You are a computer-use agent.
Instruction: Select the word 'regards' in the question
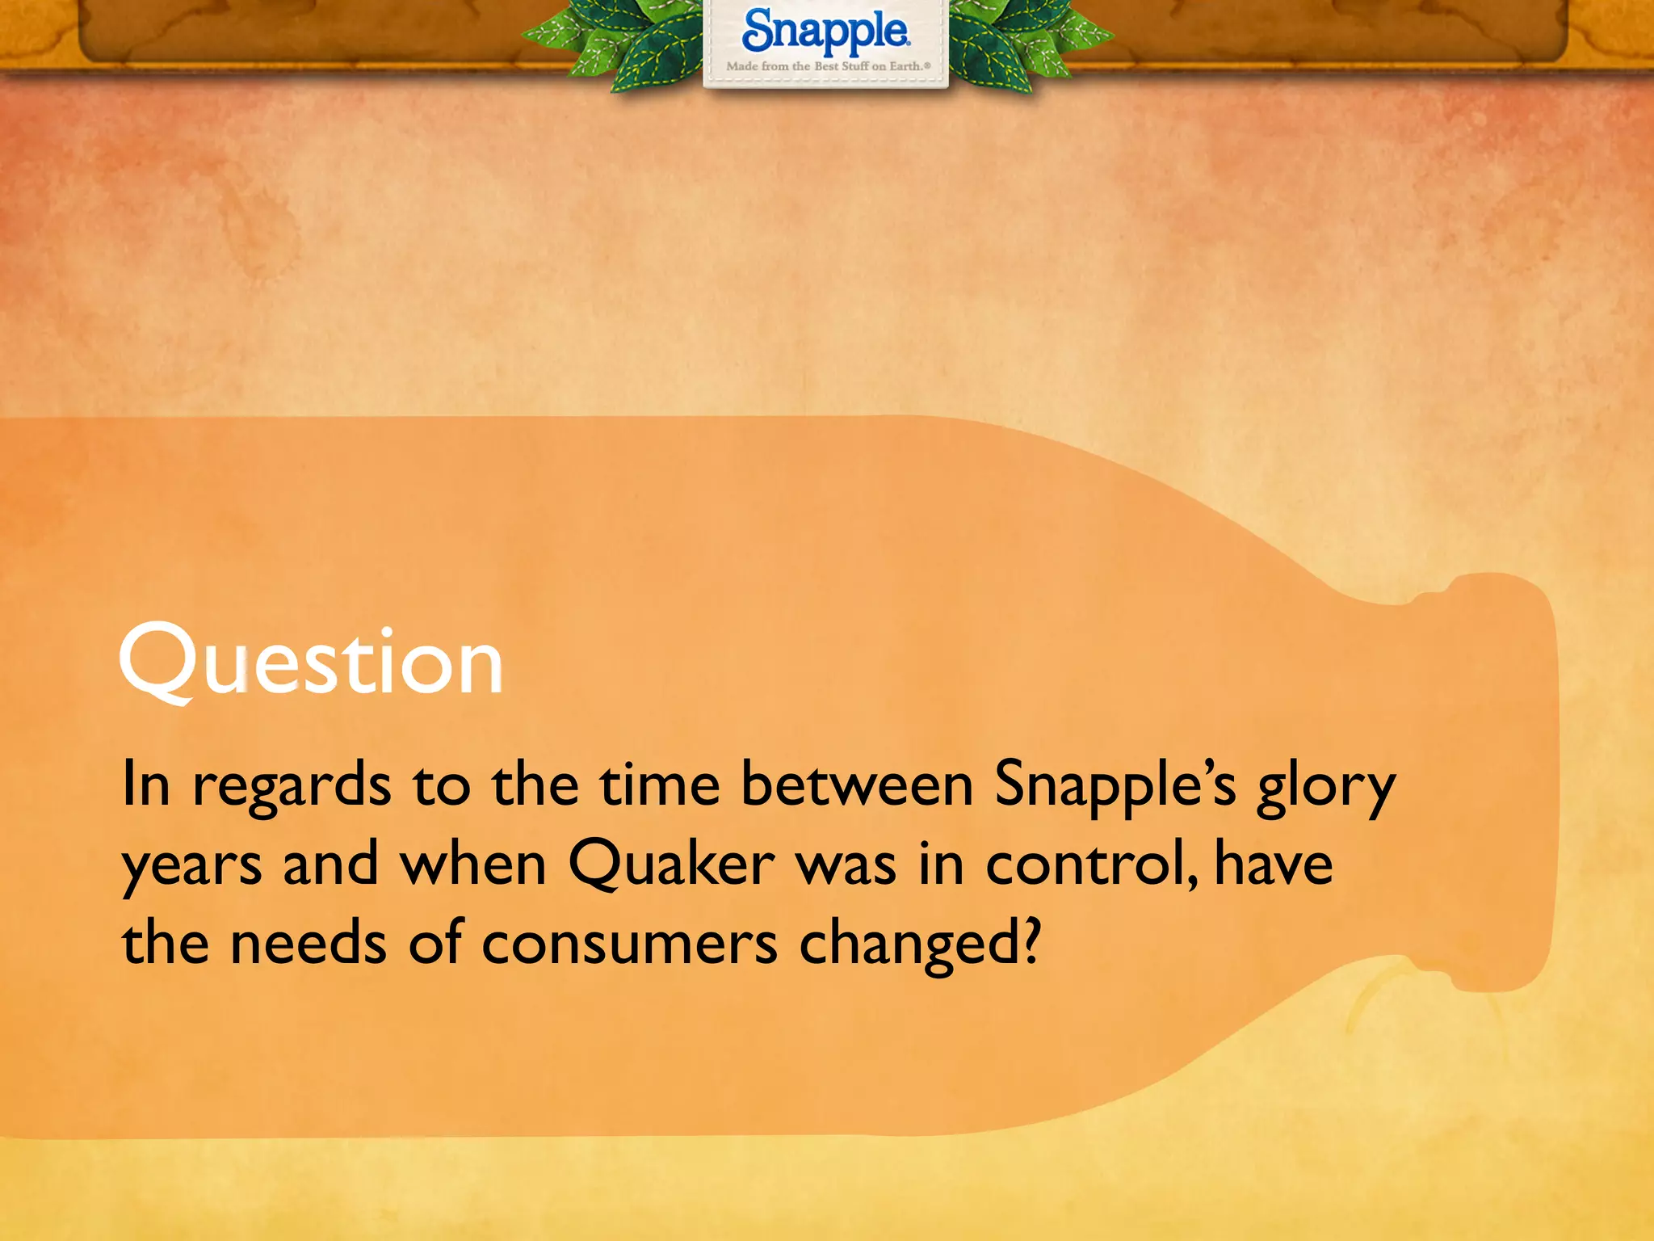[x=292, y=785]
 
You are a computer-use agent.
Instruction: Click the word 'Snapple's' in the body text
[x=1115, y=785]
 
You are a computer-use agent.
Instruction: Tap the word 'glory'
[x=1325, y=787]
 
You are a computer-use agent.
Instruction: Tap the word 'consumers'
[x=630, y=944]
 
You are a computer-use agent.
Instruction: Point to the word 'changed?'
[x=920, y=944]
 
